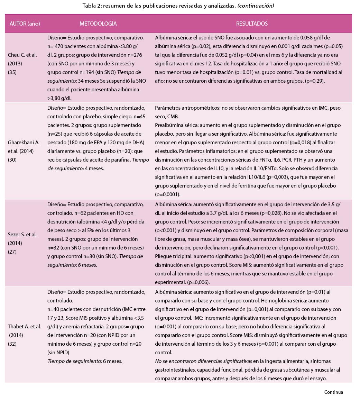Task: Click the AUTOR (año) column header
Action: pos(25,24)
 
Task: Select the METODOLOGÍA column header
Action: pos(98,24)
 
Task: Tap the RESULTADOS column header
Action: pos(252,24)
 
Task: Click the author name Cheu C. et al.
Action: pos(22,55)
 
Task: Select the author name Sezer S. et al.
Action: pos(22,234)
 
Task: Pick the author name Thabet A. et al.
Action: pos(24,326)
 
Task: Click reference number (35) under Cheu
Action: pos(12,72)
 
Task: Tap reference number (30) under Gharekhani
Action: pos(12,160)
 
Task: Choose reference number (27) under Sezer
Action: pos(12,252)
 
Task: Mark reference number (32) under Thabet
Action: pos(12,344)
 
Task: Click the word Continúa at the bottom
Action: pos(333,392)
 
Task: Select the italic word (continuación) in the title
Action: pos(256,6)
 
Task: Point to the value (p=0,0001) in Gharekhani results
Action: pos(168,194)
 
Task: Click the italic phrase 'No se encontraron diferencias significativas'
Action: pos(203,361)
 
